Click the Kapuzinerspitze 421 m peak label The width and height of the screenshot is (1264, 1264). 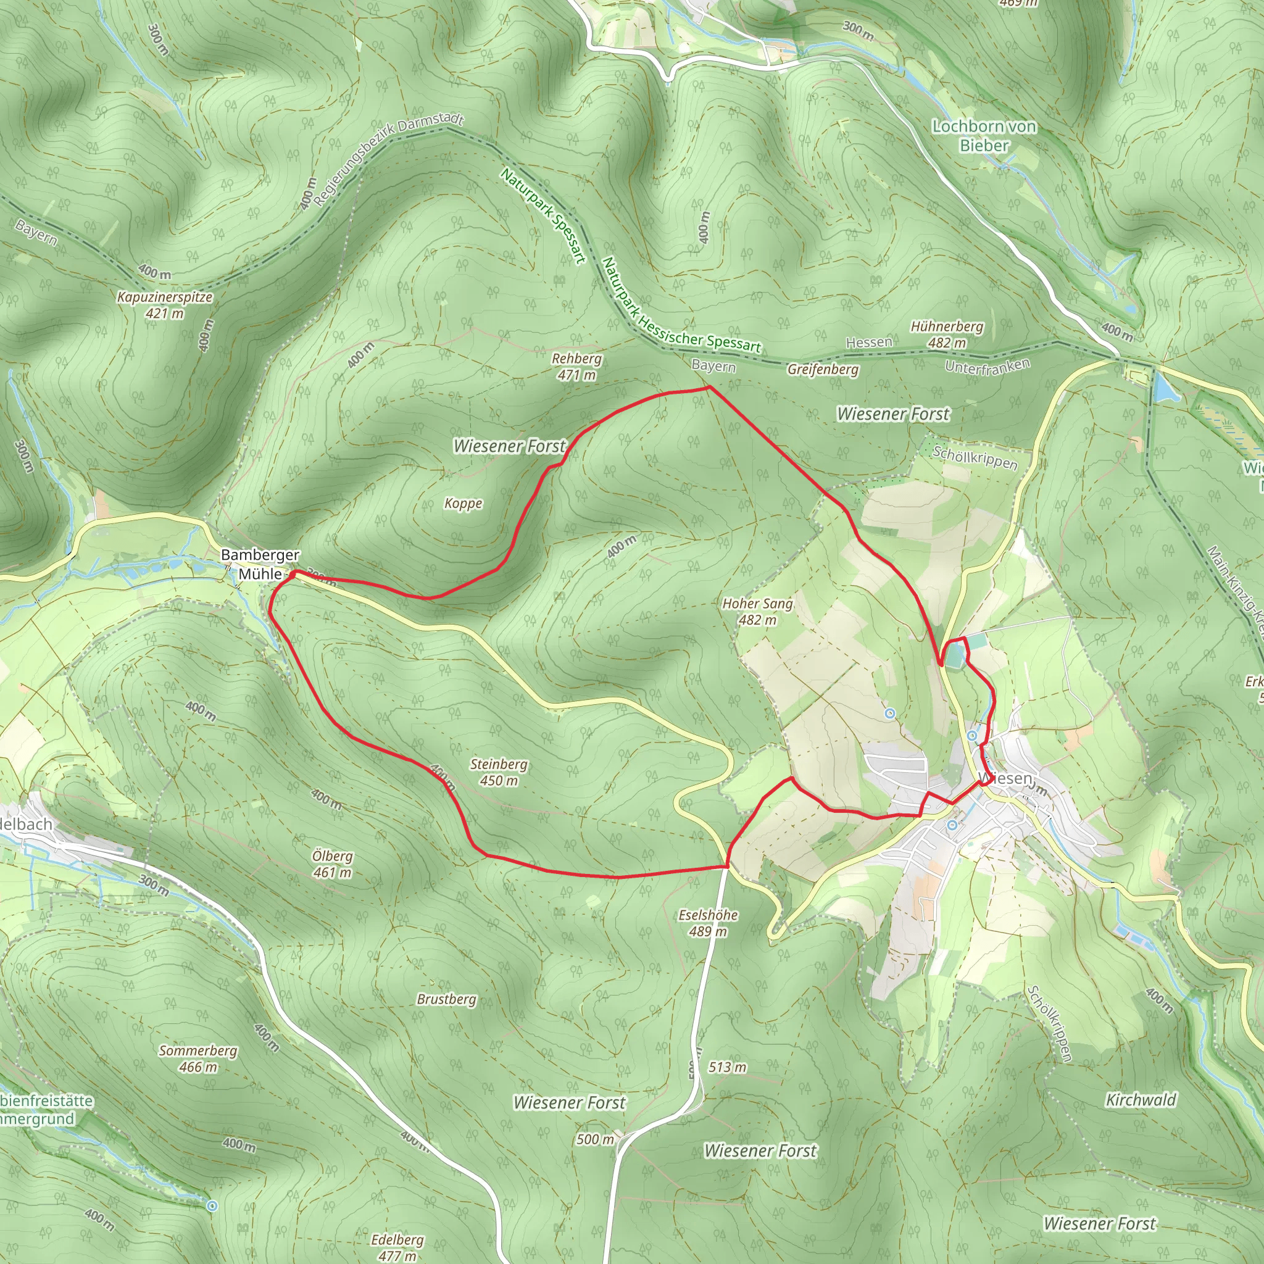(x=164, y=305)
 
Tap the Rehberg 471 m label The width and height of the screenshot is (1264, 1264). (x=576, y=367)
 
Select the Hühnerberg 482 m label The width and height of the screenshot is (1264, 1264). (x=947, y=335)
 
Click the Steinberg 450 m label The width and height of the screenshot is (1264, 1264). (x=499, y=772)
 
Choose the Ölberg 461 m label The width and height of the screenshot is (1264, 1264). (x=333, y=863)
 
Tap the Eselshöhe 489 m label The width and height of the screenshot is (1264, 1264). (x=708, y=923)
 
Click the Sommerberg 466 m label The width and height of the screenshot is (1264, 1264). (x=198, y=1058)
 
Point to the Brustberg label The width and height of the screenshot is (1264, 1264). (x=447, y=999)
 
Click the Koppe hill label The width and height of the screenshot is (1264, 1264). (x=464, y=503)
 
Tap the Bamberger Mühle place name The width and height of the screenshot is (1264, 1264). (x=260, y=564)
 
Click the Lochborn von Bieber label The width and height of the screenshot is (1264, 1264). (x=984, y=135)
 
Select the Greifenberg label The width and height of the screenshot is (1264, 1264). (x=822, y=370)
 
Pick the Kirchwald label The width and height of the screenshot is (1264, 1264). (x=1141, y=1100)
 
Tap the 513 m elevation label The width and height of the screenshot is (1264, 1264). (x=727, y=1067)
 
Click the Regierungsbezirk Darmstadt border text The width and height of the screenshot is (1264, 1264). (x=389, y=160)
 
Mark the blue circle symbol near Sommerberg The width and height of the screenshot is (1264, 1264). (x=211, y=1205)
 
